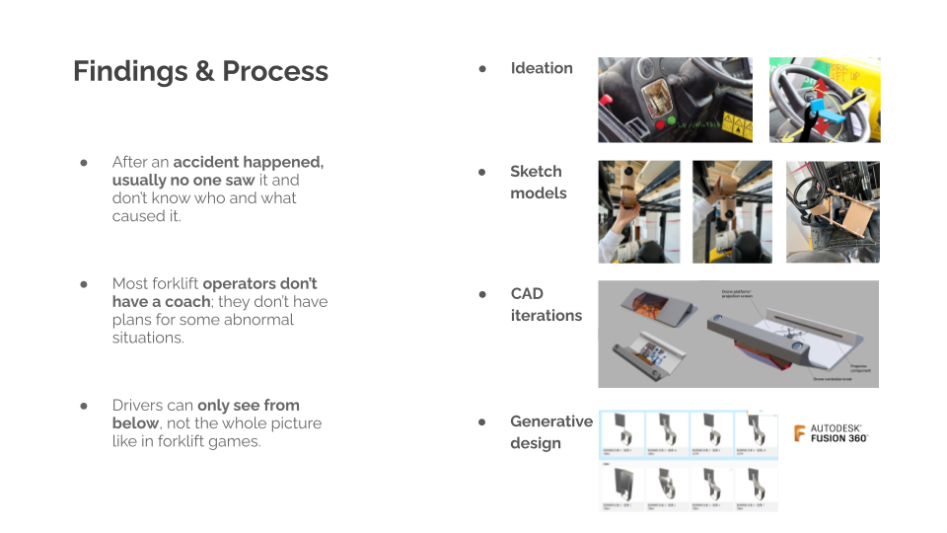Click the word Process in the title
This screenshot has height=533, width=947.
click(275, 72)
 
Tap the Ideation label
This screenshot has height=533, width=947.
click(542, 68)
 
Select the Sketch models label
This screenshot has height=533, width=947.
click(538, 183)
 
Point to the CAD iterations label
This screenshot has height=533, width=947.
click(546, 305)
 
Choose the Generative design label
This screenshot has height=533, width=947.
click(550, 432)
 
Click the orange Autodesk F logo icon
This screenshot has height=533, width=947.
click(800, 432)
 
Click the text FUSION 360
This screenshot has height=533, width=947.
click(838, 438)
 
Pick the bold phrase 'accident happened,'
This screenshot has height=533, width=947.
click(249, 162)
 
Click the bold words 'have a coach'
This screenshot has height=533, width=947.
click(162, 302)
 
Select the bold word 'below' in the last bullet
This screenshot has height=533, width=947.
click(135, 423)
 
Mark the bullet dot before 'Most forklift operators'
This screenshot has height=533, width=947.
click(85, 284)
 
